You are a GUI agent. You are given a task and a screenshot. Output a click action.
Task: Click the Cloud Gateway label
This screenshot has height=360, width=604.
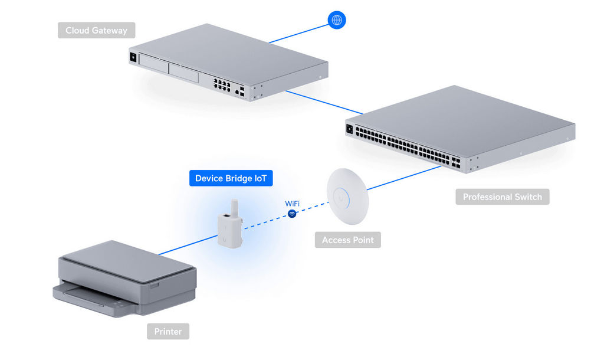tap(96, 30)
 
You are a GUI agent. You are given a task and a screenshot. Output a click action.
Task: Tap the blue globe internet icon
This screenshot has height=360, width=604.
tap(337, 20)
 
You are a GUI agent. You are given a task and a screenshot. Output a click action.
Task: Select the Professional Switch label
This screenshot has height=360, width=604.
tap(502, 197)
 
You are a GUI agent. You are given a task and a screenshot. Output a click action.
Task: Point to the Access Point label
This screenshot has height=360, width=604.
tap(347, 240)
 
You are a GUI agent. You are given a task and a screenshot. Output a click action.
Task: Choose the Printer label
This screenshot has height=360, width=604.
tap(168, 331)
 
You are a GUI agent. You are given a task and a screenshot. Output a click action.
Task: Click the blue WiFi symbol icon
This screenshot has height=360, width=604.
tap(292, 214)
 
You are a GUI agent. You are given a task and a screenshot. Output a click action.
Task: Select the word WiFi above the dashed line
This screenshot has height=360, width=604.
tap(292, 204)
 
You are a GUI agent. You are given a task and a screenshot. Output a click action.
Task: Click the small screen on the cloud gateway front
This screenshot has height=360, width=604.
tap(133, 58)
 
